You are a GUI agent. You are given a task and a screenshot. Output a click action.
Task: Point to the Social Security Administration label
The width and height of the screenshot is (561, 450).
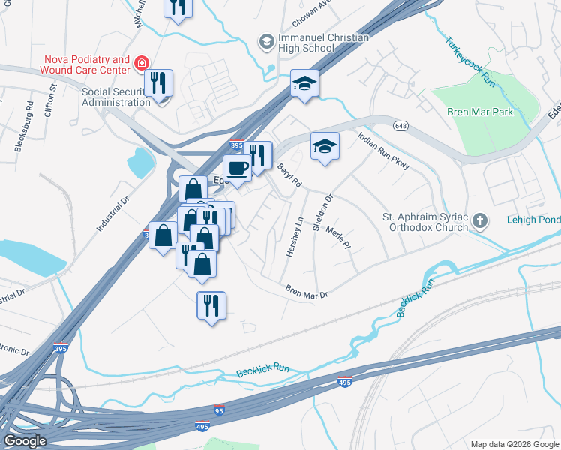pos(115,97)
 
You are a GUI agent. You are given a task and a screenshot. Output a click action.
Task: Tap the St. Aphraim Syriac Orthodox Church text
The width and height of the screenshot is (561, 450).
pos(424,223)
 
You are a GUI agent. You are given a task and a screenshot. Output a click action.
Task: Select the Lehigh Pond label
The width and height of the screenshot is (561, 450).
pos(532,220)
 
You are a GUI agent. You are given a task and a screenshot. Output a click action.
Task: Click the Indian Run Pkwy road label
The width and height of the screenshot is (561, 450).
pos(383,151)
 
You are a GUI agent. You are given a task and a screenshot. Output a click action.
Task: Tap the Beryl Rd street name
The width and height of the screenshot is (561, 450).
pos(289,175)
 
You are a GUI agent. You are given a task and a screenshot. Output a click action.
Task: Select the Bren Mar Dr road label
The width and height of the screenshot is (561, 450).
pos(307,292)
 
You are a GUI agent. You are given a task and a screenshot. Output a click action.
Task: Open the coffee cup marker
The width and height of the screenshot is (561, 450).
pos(238,168)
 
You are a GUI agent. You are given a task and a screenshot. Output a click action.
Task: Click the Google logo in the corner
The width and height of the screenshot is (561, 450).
pos(25,441)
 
